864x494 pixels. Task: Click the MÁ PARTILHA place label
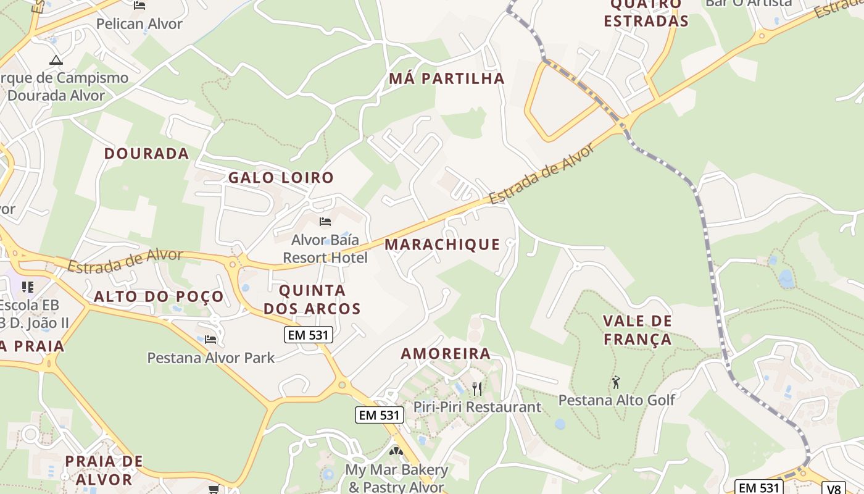coord(447,78)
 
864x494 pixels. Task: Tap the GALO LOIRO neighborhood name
coord(281,178)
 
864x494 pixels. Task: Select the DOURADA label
coord(146,154)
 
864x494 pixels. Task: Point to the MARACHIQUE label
coord(442,245)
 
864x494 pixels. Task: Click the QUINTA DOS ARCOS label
coord(312,299)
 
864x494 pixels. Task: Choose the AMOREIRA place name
coord(446,354)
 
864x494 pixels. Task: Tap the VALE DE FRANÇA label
coord(638,330)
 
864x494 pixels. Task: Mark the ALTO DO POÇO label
coord(159,296)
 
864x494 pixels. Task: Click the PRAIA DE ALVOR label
coord(104,470)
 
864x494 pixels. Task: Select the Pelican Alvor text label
coord(139,24)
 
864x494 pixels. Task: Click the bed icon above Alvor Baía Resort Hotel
coord(325,222)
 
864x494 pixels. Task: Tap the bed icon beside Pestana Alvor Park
coord(210,339)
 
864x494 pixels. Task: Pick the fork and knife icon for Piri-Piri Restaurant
coord(476,388)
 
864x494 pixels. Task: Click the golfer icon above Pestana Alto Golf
coord(615,382)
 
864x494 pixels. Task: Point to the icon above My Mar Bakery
coord(396,451)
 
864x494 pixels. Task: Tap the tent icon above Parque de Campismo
coord(56,60)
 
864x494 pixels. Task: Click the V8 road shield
coord(834,488)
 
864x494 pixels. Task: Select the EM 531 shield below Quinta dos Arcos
coord(309,335)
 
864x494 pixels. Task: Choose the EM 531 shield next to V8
coord(760,487)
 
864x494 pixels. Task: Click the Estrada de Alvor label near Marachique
coord(543,175)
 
